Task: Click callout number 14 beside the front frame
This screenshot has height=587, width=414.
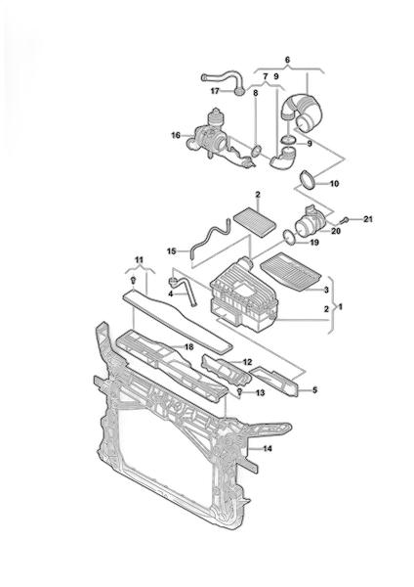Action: pos(268,448)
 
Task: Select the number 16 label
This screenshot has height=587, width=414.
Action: pos(176,135)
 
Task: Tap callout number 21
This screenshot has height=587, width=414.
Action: pos(368,219)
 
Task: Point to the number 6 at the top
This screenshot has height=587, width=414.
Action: pos(287,60)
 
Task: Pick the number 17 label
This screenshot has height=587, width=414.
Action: pos(215,91)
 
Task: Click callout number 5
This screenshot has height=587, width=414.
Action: pos(315,390)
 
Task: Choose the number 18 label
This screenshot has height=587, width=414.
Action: pos(189,347)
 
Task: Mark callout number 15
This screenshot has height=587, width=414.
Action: pos(172,251)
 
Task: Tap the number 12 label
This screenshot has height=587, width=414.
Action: pos(247,362)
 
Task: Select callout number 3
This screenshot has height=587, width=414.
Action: pos(326,290)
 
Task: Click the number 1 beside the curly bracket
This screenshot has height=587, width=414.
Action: pos(340,306)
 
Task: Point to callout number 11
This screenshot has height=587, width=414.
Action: pos(139,259)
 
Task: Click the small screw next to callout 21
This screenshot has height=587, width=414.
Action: pos(347,219)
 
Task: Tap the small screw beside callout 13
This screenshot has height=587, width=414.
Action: pos(240,392)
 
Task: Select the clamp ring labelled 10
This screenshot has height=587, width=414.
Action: pos(308,179)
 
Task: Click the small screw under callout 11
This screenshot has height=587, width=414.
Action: pos(133,281)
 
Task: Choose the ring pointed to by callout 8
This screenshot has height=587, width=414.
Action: pos(256,152)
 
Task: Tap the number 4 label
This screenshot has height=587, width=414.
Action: pos(171,294)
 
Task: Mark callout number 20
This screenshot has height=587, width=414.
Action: pos(336,231)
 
